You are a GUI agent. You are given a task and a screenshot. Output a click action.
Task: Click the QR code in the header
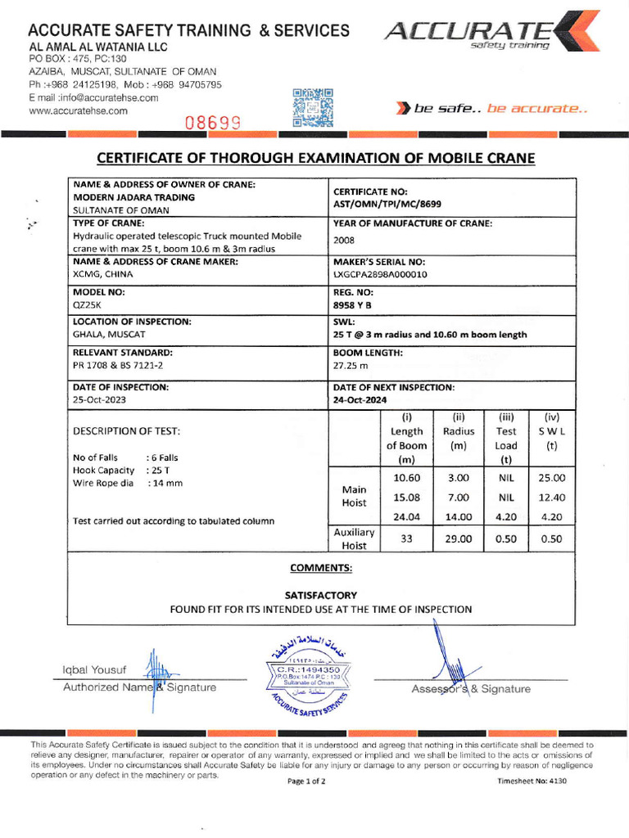tap(313, 108)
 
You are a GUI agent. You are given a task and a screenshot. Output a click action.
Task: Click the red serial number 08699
tap(212, 124)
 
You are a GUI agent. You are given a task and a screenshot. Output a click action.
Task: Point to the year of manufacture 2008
tap(344, 241)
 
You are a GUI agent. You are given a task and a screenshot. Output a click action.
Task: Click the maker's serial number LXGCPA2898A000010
tap(380, 275)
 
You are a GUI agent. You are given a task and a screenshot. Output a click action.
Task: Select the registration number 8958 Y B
tap(352, 305)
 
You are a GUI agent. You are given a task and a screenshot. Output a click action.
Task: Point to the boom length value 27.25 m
tap(350, 366)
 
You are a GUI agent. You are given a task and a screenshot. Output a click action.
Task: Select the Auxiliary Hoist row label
tap(354, 538)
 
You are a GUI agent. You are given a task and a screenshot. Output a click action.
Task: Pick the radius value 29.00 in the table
tap(459, 538)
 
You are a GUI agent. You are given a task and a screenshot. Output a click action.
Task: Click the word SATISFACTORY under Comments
tap(320, 595)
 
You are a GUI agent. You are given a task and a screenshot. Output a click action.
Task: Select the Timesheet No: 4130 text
tap(532, 781)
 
